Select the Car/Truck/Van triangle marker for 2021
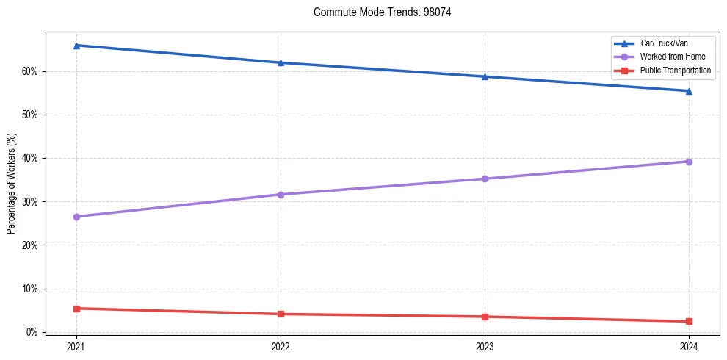[x=76, y=46]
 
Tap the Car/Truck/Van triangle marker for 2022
[x=281, y=62]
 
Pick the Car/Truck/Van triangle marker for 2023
[x=485, y=76]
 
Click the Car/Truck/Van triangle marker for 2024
[x=689, y=91]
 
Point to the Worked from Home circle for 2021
[x=76, y=217]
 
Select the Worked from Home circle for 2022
[x=281, y=195]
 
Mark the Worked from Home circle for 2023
[x=485, y=179]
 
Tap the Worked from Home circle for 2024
[x=689, y=162]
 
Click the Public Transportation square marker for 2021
[x=76, y=309]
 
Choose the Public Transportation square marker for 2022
[x=281, y=314]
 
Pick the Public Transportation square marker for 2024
[x=689, y=321]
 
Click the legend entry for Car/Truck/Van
[x=664, y=43]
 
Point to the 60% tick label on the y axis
[x=32, y=71]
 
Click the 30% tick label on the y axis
[x=32, y=201]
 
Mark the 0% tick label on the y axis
[x=34, y=332]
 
